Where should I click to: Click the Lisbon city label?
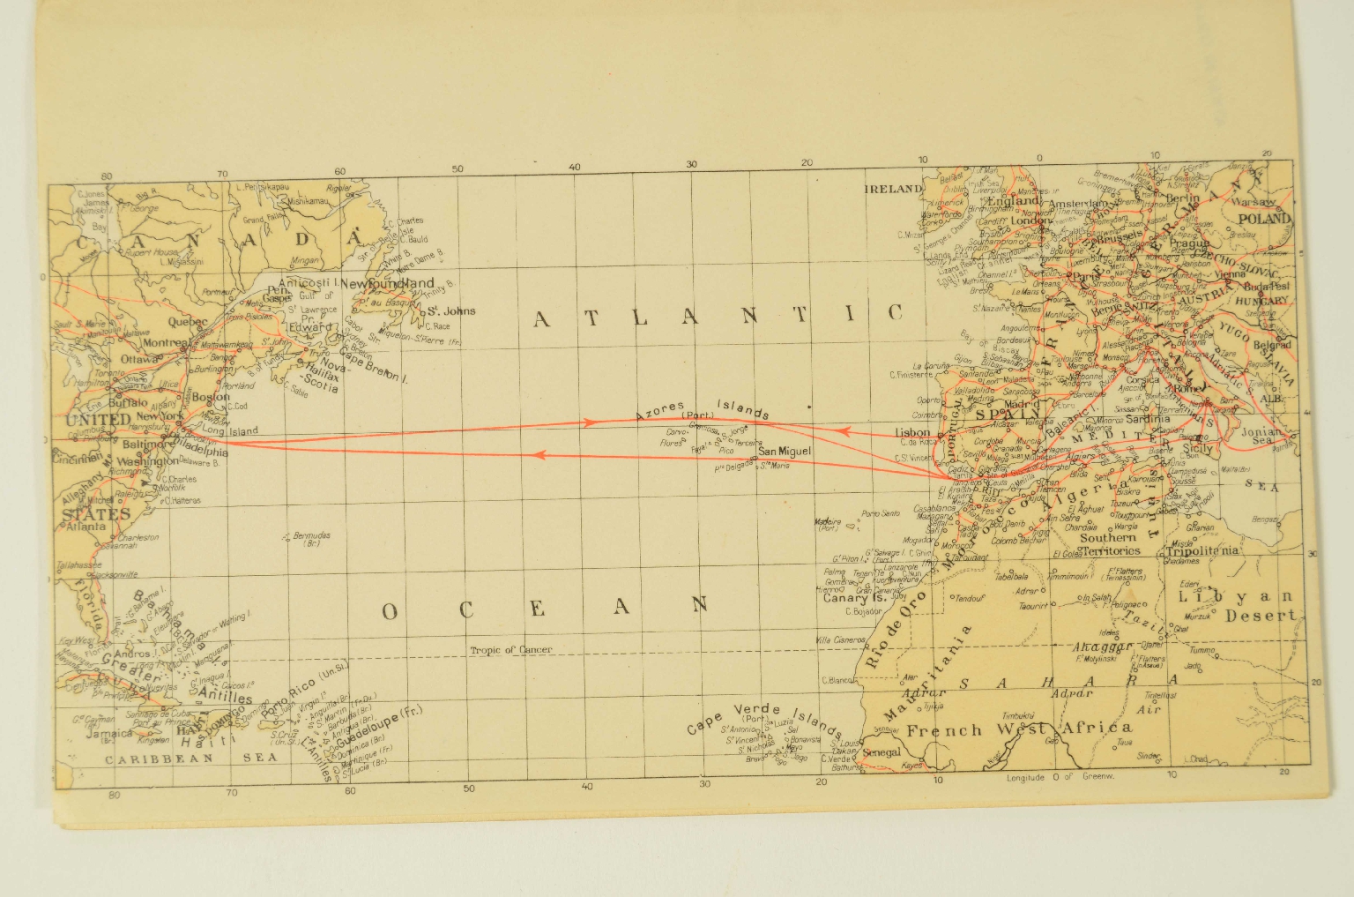coord(912,433)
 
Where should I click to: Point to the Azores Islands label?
coord(703,409)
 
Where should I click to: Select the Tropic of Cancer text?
coord(511,650)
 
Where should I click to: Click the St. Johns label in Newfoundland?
coord(451,310)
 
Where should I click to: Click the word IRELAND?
coord(892,189)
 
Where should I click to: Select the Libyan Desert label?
coord(1239,606)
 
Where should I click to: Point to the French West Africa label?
coord(1018,729)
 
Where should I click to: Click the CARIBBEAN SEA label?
coord(160,758)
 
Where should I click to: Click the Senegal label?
coord(882,752)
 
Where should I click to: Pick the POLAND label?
coord(1265,218)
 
